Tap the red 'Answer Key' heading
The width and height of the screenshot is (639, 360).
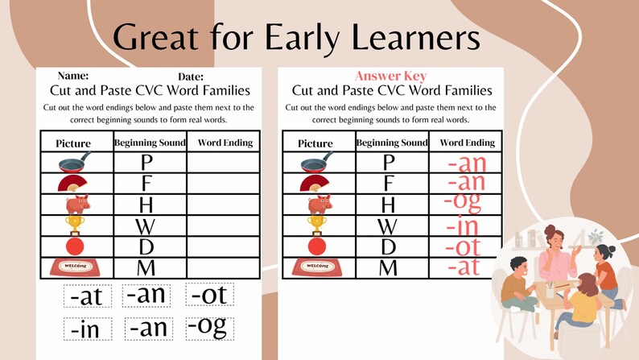[x=390, y=77]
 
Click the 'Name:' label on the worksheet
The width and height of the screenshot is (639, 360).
[x=73, y=76]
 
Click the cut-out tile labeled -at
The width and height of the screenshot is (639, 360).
[x=86, y=296]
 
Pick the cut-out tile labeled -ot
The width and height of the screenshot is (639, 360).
[x=208, y=295]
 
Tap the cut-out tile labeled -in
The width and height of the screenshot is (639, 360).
[x=86, y=329]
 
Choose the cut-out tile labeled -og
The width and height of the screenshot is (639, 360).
[x=207, y=327]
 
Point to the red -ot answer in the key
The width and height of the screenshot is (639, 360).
[x=468, y=246]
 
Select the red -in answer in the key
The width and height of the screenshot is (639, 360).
[x=466, y=225]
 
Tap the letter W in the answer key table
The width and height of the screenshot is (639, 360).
[x=388, y=225]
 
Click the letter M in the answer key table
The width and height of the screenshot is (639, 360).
[x=388, y=267]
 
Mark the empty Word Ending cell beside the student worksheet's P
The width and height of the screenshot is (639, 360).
[x=223, y=162]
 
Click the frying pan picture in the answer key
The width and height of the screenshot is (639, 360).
[x=316, y=162]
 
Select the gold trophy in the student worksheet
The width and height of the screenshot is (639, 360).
[x=75, y=224]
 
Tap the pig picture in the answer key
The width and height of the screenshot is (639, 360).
[x=318, y=203]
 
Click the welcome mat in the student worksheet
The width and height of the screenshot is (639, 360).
[x=75, y=267]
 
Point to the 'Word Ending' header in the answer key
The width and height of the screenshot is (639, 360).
[x=467, y=143]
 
